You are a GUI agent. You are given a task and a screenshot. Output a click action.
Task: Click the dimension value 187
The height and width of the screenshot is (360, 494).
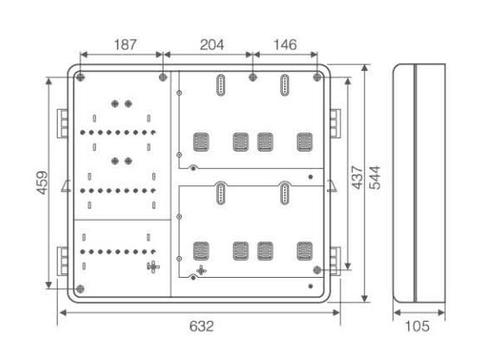point(125,44)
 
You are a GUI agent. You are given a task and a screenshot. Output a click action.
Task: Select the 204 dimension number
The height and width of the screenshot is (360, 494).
point(212,44)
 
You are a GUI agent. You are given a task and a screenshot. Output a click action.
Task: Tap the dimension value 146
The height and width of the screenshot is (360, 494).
point(285,44)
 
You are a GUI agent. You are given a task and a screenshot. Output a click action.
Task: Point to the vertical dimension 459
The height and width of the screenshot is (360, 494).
point(42,183)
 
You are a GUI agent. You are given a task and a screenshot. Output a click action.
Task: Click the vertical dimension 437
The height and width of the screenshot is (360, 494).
point(357,177)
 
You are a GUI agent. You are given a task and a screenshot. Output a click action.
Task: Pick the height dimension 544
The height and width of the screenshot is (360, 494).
point(375,177)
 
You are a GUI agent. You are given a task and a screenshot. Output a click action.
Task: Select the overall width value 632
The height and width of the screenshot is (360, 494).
point(202,326)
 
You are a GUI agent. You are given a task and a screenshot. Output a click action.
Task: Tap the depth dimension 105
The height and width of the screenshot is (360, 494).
point(417,326)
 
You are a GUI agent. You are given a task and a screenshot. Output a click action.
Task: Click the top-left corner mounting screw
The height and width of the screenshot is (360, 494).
point(80,77)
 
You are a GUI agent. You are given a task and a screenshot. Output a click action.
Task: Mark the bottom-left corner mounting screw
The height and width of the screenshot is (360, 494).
point(80,289)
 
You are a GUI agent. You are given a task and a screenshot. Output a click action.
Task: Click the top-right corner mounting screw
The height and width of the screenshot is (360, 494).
point(317,77)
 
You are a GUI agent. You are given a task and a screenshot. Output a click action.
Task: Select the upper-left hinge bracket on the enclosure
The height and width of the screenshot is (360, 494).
point(62,124)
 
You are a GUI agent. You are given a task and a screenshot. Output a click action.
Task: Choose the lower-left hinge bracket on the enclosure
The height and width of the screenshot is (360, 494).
point(62,261)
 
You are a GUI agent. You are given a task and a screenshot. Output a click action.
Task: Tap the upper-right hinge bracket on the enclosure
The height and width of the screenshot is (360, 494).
point(335,123)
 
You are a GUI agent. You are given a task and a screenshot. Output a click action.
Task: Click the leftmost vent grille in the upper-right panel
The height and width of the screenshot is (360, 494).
point(201,142)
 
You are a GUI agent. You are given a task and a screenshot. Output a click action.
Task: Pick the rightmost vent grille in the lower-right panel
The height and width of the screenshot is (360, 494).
point(305,251)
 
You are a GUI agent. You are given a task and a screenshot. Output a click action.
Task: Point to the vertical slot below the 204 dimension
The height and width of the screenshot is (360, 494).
point(221,85)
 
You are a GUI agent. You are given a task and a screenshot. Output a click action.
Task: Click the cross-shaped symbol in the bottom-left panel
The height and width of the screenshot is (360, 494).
point(153,267)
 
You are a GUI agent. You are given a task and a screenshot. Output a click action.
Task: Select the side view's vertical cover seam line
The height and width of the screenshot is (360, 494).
point(415,183)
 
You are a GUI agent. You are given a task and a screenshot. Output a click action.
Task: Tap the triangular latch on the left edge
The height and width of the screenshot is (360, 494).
point(67,186)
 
